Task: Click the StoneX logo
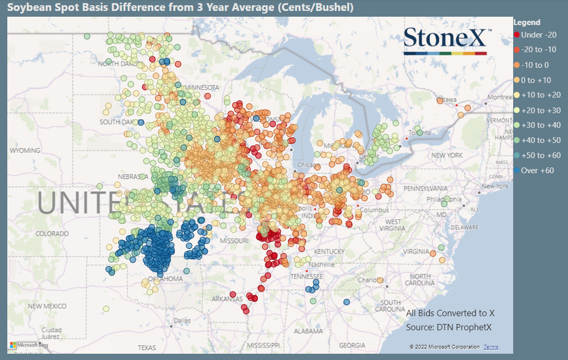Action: (x=447, y=41)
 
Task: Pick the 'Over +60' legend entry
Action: (x=537, y=171)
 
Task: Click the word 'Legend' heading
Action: (x=527, y=22)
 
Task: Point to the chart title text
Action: (x=180, y=7)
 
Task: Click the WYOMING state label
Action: (x=25, y=150)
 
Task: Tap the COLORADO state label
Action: (x=52, y=234)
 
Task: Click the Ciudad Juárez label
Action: (x=51, y=333)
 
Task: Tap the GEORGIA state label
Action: (x=352, y=345)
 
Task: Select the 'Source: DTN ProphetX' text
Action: (x=448, y=327)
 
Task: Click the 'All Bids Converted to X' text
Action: (x=450, y=313)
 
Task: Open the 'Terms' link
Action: (x=491, y=347)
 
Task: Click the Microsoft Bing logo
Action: (x=29, y=345)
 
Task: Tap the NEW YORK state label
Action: (x=446, y=155)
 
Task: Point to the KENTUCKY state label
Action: (x=329, y=251)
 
